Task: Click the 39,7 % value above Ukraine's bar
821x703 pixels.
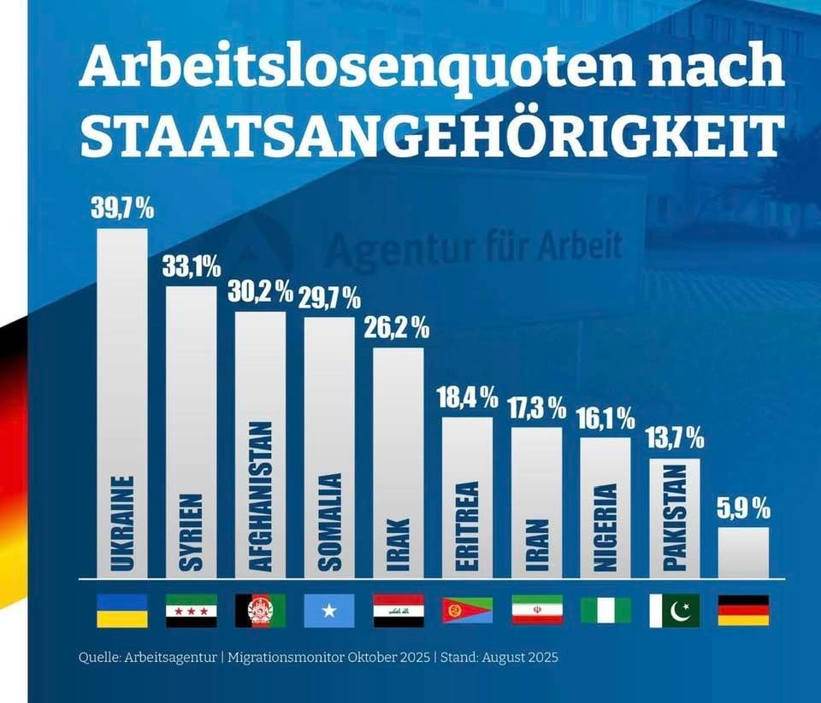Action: click(x=122, y=209)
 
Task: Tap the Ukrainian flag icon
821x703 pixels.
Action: click(x=121, y=611)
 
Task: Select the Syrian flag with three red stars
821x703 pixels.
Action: click(x=191, y=611)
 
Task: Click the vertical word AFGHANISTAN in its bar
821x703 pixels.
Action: click(x=261, y=495)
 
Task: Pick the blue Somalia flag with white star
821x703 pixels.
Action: click(x=329, y=611)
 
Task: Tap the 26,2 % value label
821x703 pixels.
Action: click(x=397, y=328)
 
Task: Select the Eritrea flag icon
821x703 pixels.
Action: click(x=467, y=611)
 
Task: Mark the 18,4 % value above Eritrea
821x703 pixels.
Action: click(x=468, y=397)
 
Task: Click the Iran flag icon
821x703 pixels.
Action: click(x=536, y=611)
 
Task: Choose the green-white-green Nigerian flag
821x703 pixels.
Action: click(x=605, y=611)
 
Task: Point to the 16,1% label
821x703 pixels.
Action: click(x=605, y=419)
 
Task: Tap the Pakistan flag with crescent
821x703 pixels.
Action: click(x=675, y=611)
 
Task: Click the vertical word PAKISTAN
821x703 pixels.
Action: click(x=675, y=518)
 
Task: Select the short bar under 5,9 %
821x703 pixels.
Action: click(x=743, y=552)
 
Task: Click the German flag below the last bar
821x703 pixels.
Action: click(x=743, y=611)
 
